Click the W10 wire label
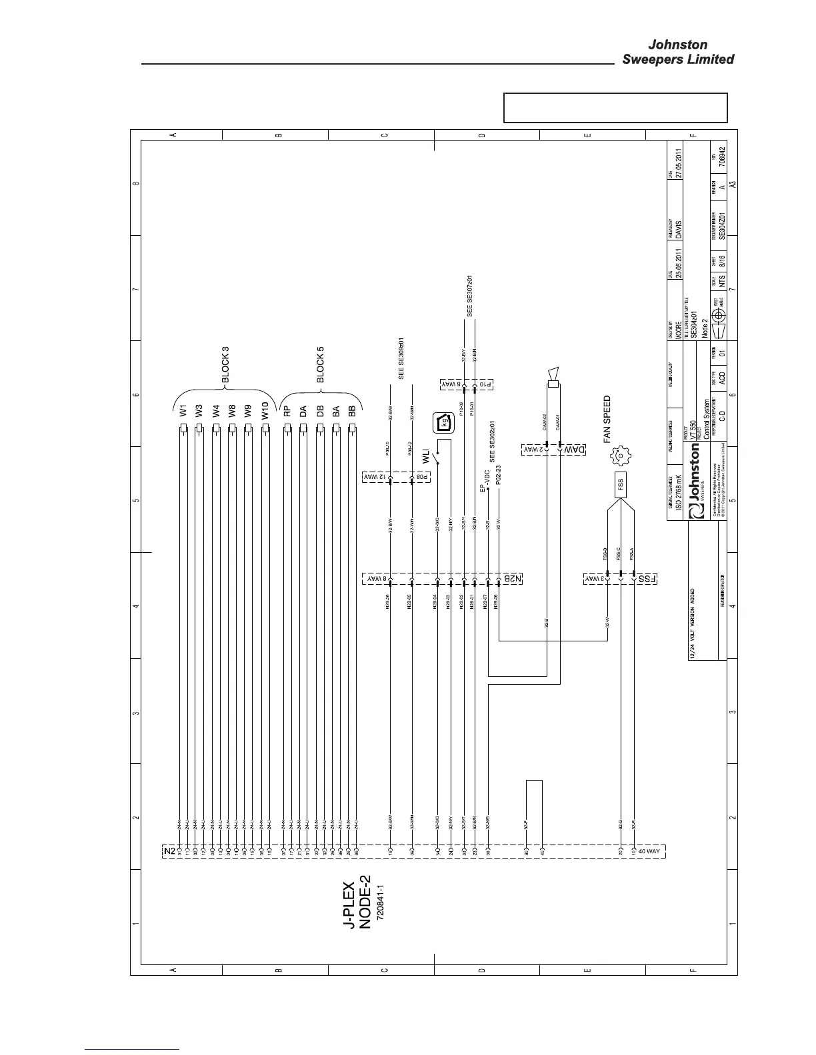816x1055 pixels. point(265,411)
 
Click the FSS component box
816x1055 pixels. point(620,482)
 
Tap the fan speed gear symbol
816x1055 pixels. point(620,456)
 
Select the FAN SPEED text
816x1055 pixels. point(607,420)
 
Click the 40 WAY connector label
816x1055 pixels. point(650,851)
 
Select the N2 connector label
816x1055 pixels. point(169,851)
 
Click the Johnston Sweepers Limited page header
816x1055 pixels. point(677,52)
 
